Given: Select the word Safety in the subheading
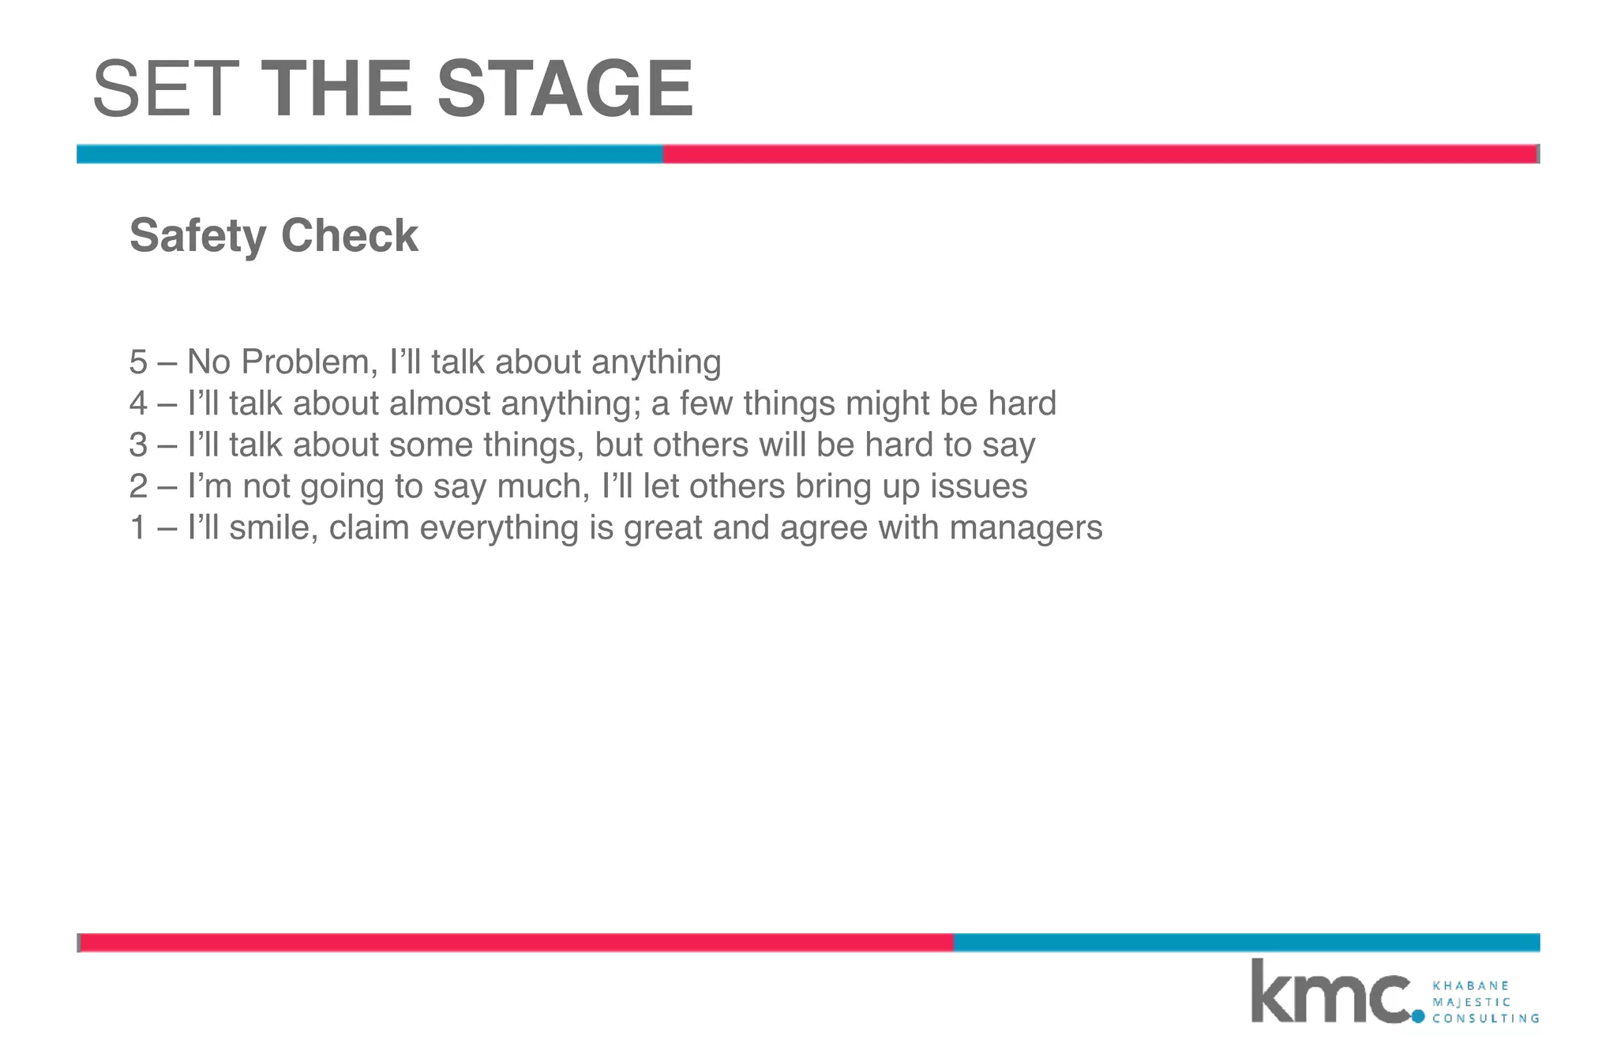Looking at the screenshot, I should tap(198, 236).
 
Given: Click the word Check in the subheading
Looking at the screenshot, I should tap(349, 235).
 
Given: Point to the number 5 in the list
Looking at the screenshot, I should tap(138, 362).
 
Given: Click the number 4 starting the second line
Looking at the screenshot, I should tap(138, 403).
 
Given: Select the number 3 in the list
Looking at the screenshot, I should tap(138, 445).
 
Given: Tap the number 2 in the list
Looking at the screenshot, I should tap(138, 486).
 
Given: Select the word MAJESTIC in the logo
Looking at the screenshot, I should tap(1471, 1002).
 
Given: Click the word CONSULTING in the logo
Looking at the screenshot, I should tap(1485, 1018).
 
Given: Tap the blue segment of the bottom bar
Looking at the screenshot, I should tap(1246, 943).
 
